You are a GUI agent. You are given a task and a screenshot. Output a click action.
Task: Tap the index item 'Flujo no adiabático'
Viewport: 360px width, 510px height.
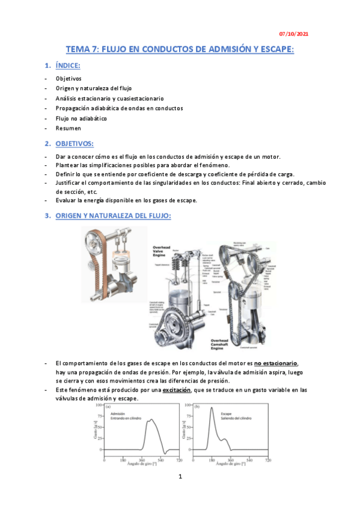click(x=81, y=118)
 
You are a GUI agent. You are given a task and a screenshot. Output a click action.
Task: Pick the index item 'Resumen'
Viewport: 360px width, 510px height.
click(x=69, y=128)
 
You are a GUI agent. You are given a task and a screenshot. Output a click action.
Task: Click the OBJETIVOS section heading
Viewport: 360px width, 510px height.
click(x=75, y=144)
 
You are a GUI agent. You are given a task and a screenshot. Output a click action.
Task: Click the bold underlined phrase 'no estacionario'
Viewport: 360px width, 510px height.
click(x=276, y=363)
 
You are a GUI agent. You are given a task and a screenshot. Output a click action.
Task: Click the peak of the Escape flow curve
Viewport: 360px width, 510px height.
click(x=212, y=409)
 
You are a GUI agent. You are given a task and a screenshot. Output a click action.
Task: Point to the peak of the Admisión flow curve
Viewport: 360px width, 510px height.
click(x=151, y=420)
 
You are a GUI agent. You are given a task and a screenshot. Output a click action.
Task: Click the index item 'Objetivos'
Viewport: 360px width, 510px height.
click(x=69, y=79)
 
